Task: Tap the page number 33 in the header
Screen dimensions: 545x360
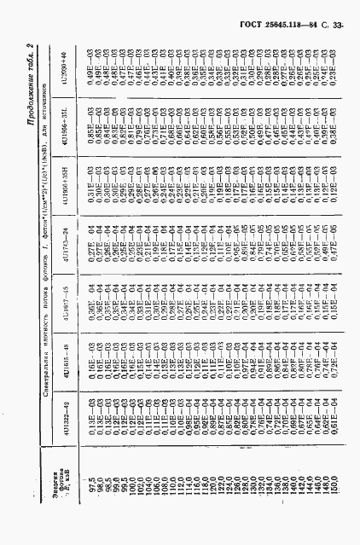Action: click(x=337, y=27)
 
